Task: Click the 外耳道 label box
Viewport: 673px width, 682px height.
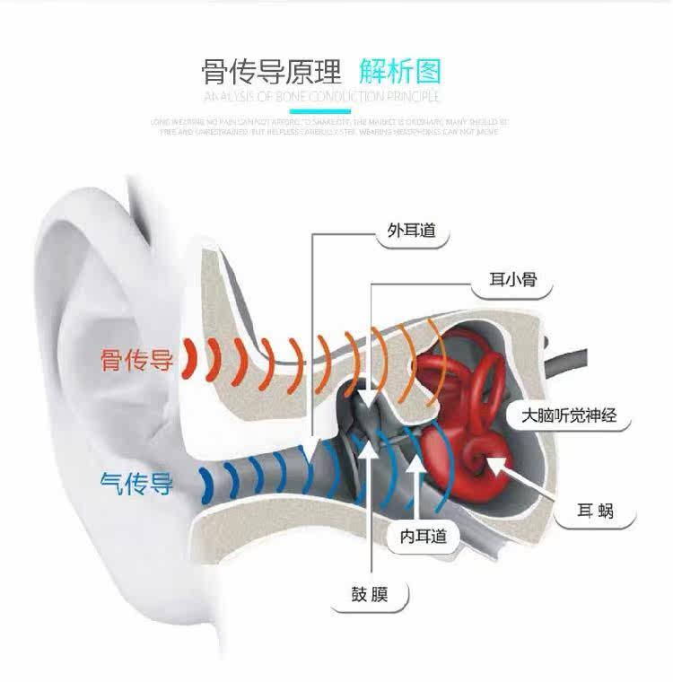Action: (x=411, y=231)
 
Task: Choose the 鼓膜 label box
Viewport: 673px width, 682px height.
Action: (x=369, y=594)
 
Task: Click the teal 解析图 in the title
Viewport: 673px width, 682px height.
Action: (x=400, y=71)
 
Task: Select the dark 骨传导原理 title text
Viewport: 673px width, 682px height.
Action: (x=272, y=71)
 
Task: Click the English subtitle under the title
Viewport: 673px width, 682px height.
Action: (x=321, y=97)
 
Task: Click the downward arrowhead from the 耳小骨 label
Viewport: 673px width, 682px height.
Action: (x=368, y=402)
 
